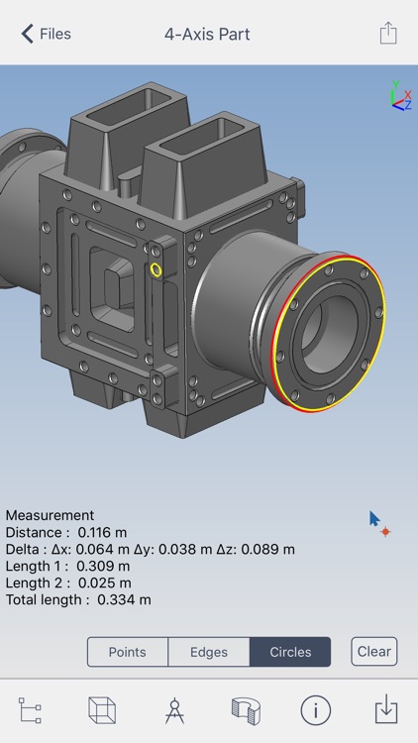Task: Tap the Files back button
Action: (46, 34)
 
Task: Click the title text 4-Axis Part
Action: (207, 34)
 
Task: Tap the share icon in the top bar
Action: (388, 34)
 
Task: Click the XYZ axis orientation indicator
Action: (398, 96)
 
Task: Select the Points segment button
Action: (127, 652)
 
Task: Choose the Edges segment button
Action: (208, 652)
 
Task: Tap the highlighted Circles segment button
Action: (289, 652)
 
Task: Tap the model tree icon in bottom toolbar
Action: (31, 710)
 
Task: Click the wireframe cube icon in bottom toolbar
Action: (102, 710)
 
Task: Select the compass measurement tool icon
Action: (174, 710)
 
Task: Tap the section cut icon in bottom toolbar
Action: (245, 710)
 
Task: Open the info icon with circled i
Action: (315, 710)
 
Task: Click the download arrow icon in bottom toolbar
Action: (386, 710)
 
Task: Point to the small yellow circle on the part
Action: (156, 269)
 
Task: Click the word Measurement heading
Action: (50, 515)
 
